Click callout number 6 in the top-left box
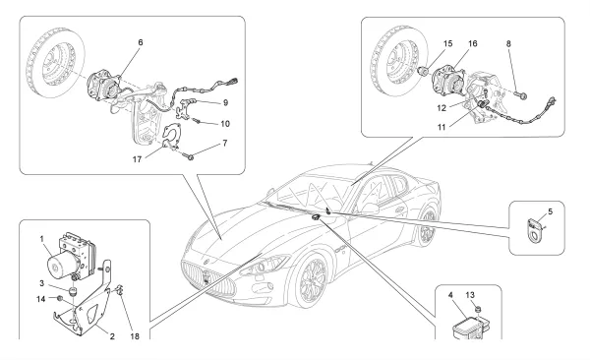pos(141,42)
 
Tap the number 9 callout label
pos(225,102)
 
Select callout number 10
pos(225,124)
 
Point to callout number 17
pos(137,159)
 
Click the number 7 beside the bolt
pos(225,143)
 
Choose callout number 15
pos(447,43)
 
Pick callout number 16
pos(473,43)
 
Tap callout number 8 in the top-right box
pos(508,43)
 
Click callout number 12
pos(442,108)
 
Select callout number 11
pos(442,127)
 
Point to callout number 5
pos(551,211)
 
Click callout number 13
pos(470,295)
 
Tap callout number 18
pos(135,336)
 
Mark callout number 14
pos(41,299)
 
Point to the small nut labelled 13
pos(478,310)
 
